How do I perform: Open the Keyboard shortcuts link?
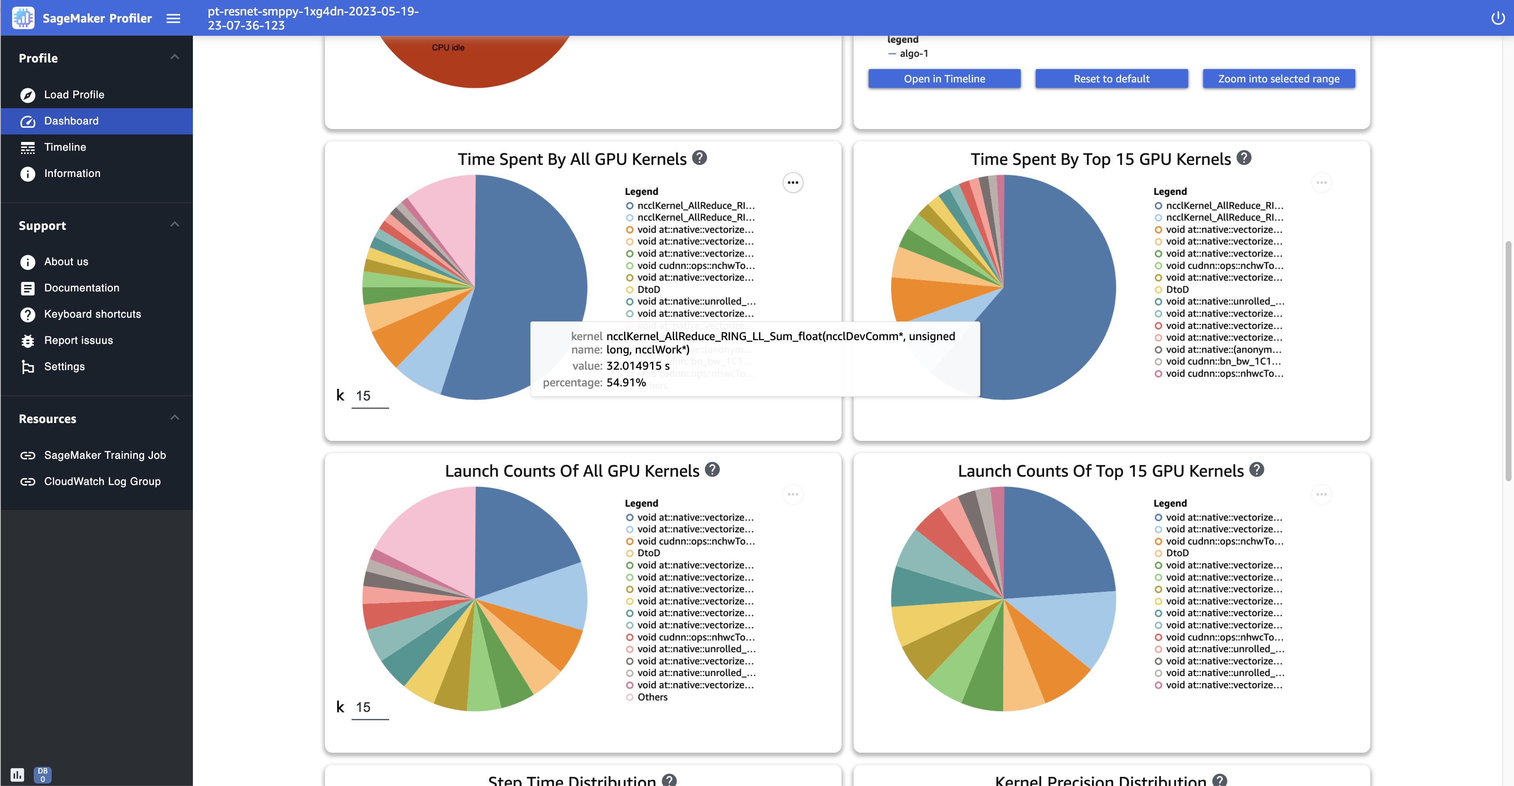(x=92, y=314)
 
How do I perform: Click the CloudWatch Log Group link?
(x=102, y=481)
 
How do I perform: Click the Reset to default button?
(x=1111, y=79)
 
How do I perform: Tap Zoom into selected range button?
(x=1278, y=79)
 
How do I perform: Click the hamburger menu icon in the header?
(x=173, y=18)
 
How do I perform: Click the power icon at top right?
(x=1497, y=18)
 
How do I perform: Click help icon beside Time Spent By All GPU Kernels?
(x=700, y=158)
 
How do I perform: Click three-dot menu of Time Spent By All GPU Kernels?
(x=792, y=183)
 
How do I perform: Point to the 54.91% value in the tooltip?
(x=626, y=383)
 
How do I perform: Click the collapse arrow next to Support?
(x=175, y=224)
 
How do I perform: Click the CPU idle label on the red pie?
(x=448, y=47)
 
